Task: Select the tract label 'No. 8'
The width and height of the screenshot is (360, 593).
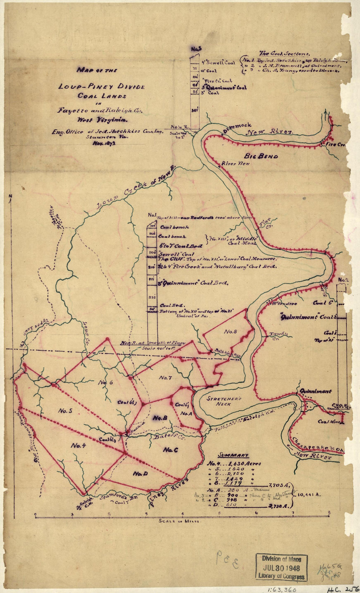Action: pyautogui.click(x=231, y=332)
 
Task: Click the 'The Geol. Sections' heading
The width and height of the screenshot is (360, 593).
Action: pyautogui.click(x=285, y=54)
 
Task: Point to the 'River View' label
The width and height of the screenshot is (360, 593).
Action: pyautogui.click(x=235, y=163)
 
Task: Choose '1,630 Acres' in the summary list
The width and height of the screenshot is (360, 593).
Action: pyautogui.click(x=243, y=464)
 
